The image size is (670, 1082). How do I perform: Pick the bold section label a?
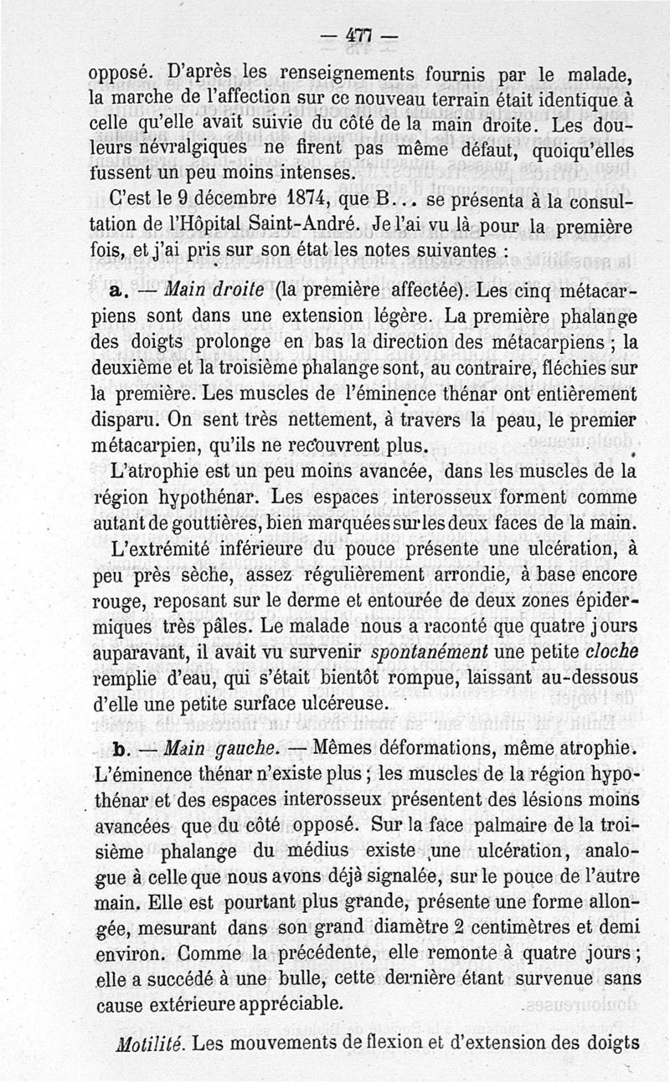[x=116, y=294]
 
